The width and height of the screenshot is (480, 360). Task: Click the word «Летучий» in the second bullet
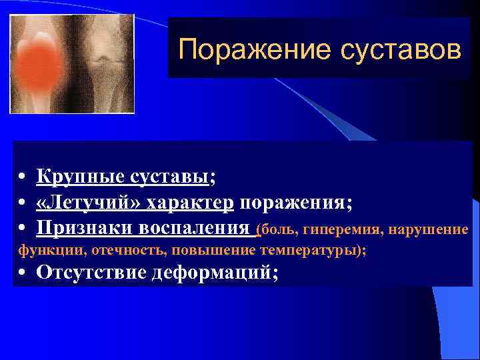coord(89,203)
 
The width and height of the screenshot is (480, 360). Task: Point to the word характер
coord(191,203)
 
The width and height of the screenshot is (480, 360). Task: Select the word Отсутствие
coord(92,273)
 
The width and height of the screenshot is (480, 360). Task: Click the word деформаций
coord(213,273)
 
